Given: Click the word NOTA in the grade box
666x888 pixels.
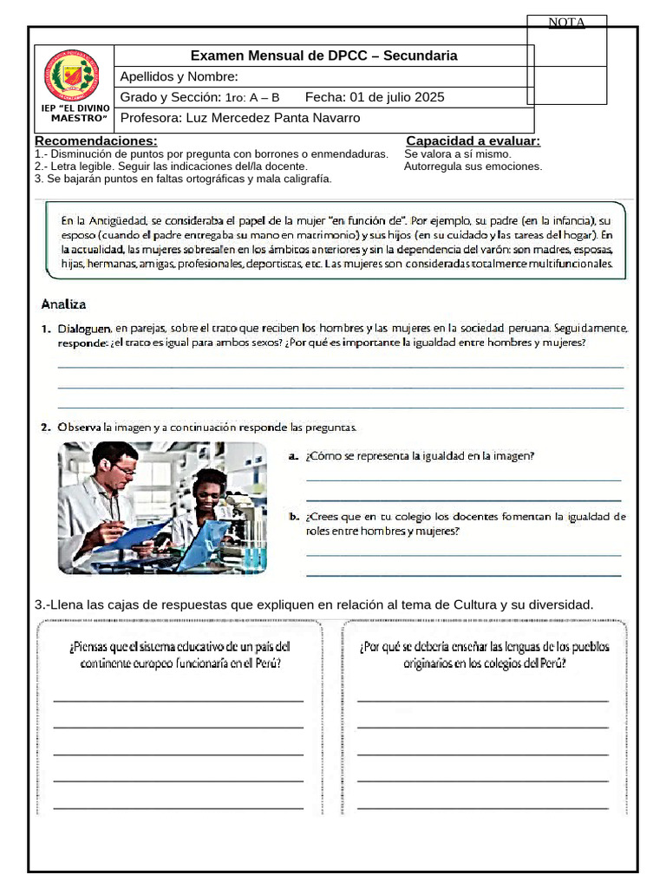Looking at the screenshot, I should [x=567, y=23].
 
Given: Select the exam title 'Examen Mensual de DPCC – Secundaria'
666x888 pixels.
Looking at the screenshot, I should [x=323, y=55].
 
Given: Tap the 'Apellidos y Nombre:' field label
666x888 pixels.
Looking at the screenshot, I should [x=173, y=76].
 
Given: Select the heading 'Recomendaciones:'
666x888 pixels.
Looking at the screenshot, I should [x=96, y=140].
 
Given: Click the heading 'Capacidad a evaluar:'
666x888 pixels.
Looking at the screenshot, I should [x=473, y=140].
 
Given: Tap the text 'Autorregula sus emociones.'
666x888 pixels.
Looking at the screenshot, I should [x=473, y=166].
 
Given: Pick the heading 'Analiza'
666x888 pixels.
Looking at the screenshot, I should [x=63, y=304].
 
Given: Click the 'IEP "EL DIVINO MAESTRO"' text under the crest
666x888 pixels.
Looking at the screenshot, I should [x=75, y=113].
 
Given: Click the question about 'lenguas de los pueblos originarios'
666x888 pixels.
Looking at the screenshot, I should [x=484, y=655].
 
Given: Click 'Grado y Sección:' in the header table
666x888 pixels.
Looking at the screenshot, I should [x=170, y=97].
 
